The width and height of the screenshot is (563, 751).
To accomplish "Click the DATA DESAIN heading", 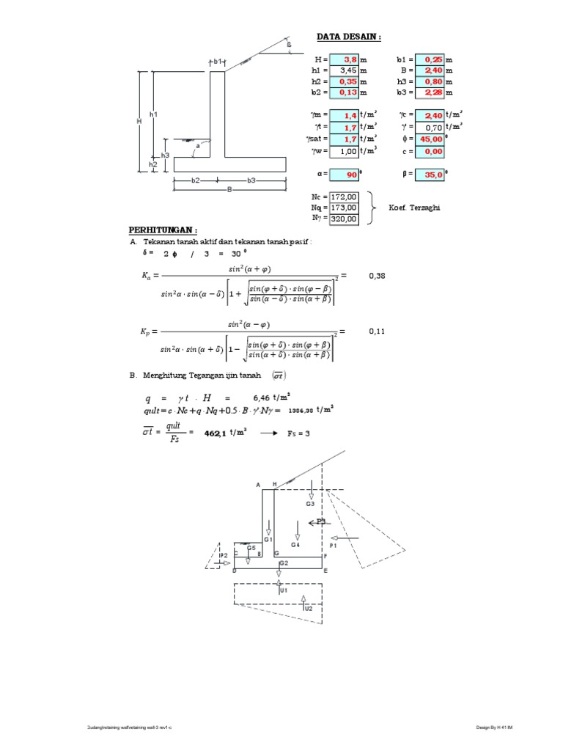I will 349,37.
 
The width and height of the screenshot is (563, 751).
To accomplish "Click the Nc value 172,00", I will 344,197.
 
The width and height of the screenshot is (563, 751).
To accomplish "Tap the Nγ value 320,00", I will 344,218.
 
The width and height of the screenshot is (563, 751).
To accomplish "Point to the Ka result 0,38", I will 376,276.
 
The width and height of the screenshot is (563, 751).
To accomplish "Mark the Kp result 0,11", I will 376,331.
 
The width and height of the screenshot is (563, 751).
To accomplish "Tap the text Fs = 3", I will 296,433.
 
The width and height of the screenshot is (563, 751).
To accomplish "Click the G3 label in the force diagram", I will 310,504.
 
